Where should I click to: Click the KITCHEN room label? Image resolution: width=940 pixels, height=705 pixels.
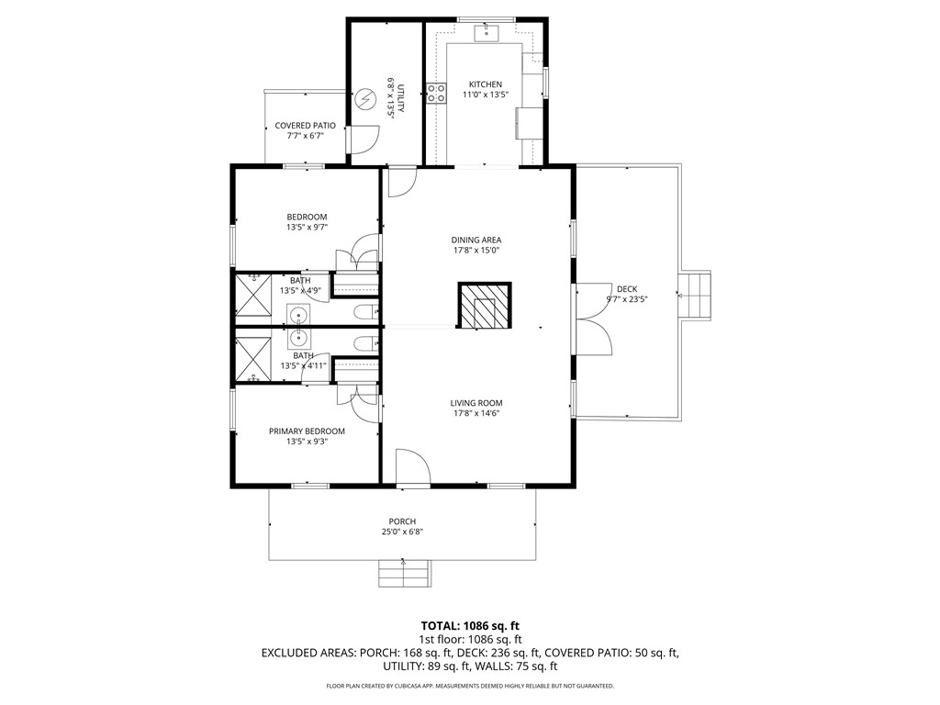[485, 84]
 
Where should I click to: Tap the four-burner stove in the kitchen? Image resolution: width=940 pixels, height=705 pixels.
[435, 92]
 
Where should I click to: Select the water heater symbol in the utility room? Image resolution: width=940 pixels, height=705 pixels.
[366, 98]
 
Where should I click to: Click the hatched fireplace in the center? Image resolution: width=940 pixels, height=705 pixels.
[484, 306]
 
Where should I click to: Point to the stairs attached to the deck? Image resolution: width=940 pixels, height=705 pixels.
[696, 295]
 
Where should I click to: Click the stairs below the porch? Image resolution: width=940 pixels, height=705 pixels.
[404, 574]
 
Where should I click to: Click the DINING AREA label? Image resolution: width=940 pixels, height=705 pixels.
[476, 241]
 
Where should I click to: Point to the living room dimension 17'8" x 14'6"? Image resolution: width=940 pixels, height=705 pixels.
[476, 413]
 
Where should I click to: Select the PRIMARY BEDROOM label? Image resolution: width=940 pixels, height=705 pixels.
[307, 431]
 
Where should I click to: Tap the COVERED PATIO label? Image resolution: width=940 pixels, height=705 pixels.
[305, 125]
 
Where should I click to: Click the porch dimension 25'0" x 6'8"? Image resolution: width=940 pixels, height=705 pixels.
[402, 532]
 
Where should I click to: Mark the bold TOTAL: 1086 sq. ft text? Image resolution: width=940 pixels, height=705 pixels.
[469, 624]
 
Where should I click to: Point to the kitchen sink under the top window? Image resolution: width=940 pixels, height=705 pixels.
[486, 34]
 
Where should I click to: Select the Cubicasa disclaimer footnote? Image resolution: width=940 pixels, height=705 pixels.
[469, 686]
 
